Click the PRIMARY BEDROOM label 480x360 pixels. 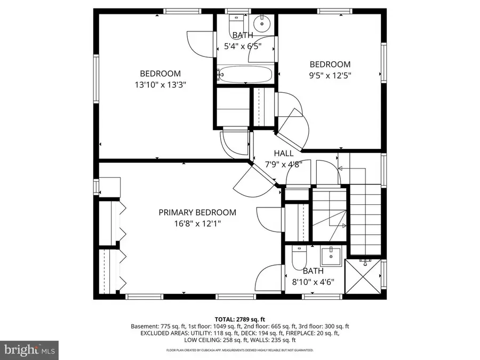(x=197, y=212)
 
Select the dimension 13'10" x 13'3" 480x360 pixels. (x=160, y=84)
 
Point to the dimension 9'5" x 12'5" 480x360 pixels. (x=330, y=75)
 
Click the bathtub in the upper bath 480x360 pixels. (x=245, y=75)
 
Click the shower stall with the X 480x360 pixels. (x=364, y=276)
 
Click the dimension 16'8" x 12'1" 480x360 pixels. (x=197, y=223)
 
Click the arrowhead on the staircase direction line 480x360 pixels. (x=340, y=168)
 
